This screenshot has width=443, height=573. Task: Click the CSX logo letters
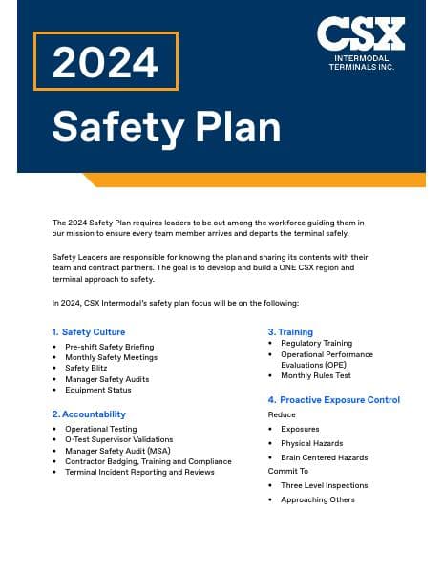click(361, 34)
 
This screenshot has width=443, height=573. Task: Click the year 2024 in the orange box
click(105, 62)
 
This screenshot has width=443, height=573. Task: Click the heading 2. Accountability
click(89, 414)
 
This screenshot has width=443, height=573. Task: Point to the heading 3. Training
click(290, 332)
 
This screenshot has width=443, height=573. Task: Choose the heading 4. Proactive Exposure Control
click(333, 400)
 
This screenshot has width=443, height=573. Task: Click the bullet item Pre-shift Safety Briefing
click(109, 347)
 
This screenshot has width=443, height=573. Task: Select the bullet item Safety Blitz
click(91, 368)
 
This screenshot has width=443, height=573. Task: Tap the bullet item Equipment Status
click(98, 390)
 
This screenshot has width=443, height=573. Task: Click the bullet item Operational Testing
click(100, 430)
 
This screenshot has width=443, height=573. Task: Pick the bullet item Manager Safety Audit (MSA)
click(117, 451)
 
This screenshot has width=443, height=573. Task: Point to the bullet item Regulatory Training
click(316, 343)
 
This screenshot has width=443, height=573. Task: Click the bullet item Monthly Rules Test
click(316, 375)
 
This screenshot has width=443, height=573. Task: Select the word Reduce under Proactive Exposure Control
click(282, 415)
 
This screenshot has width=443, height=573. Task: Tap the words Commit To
click(288, 471)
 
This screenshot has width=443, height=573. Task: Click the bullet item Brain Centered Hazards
click(324, 457)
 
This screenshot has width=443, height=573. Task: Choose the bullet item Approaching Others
click(317, 499)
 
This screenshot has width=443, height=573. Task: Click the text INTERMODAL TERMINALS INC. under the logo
click(361, 62)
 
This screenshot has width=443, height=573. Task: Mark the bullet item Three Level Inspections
click(324, 485)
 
